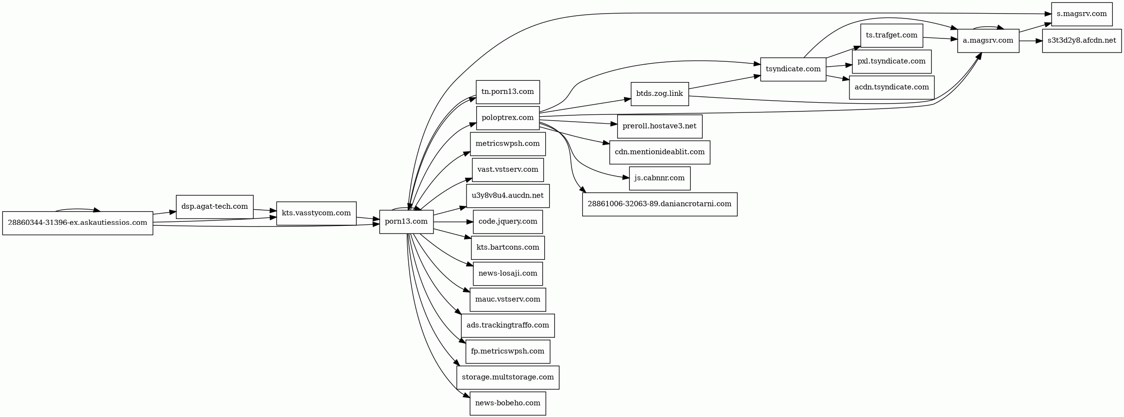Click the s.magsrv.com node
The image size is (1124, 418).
[x=1082, y=14]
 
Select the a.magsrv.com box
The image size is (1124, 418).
[x=988, y=41]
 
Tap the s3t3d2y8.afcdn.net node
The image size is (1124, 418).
[x=1082, y=41]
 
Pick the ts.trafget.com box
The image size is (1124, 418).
[x=892, y=36]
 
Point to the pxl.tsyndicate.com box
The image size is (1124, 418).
[x=892, y=62]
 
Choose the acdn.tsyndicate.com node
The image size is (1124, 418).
[x=892, y=88]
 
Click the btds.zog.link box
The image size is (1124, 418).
[x=659, y=94]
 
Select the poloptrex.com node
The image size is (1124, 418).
[x=508, y=118]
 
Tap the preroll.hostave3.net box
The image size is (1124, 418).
[x=659, y=127]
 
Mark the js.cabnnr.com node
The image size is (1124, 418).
[x=659, y=179]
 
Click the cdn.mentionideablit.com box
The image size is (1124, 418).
[x=659, y=152]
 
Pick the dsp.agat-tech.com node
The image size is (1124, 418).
[x=215, y=207]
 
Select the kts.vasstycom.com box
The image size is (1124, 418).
[x=316, y=214]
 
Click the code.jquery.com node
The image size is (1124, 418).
[x=508, y=222]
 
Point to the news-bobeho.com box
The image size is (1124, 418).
[x=508, y=403]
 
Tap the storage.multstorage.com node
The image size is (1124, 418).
[x=508, y=378]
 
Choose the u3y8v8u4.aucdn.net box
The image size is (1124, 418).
[x=508, y=196]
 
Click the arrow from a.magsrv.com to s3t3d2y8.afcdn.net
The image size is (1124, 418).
[x=1031, y=41]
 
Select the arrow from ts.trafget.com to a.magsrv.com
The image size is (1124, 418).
[x=940, y=38]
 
